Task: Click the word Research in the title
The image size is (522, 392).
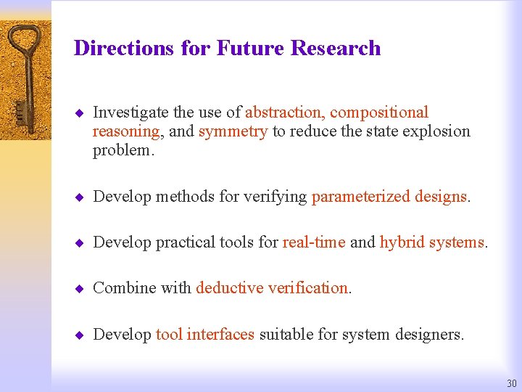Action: click(x=335, y=48)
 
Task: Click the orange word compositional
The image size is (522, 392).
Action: click(x=379, y=113)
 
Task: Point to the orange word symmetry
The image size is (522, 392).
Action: click(x=233, y=131)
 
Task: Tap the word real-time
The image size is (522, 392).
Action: click(x=314, y=242)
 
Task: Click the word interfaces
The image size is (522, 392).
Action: click(x=220, y=334)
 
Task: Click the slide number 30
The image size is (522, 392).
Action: click(x=512, y=383)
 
